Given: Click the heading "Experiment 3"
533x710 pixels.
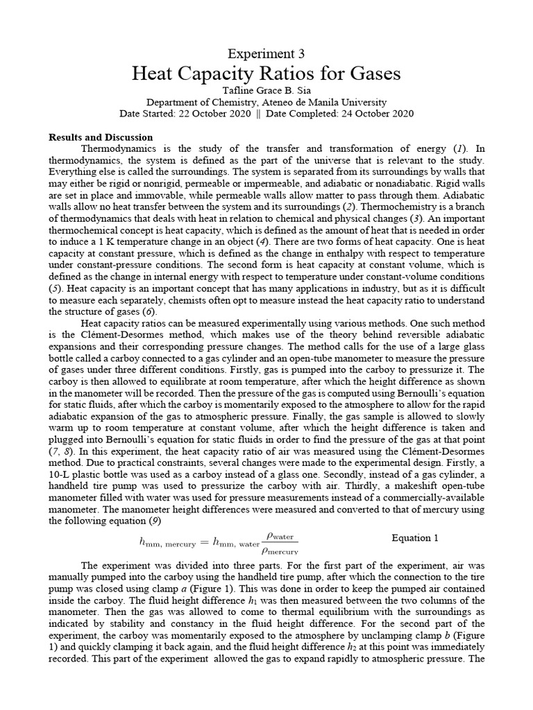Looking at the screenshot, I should click(266, 53).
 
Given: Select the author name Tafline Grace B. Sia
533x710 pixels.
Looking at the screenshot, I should click(266, 90).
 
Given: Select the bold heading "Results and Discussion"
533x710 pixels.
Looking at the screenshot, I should click(100, 137).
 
